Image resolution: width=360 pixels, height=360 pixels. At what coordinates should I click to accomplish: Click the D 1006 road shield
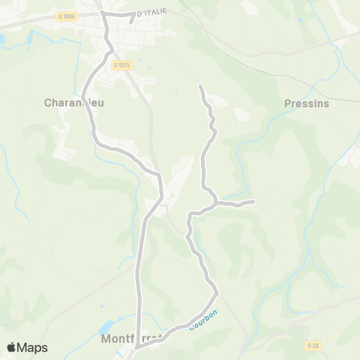(66, 16)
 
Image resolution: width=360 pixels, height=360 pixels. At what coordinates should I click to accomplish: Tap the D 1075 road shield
(121, 65)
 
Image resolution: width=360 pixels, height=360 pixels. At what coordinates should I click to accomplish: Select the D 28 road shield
(314, 345)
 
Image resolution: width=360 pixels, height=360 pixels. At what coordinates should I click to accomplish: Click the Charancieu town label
(73, 103)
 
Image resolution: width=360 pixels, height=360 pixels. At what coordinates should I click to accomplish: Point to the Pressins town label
(307, 103)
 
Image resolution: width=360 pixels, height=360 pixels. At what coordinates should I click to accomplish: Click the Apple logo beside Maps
(12, 347)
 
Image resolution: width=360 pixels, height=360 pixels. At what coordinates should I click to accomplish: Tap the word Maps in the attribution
(32, 347)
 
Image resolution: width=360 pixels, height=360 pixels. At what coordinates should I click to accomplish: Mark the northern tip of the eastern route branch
(200, 87)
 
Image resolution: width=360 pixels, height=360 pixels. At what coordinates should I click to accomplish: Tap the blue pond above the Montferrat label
(107, 327)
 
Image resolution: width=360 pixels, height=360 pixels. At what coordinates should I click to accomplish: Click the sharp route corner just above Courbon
(217, 292)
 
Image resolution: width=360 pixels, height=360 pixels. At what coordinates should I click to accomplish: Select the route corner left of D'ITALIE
(102, 13)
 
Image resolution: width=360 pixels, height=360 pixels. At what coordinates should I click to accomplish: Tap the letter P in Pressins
(289, 103)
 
